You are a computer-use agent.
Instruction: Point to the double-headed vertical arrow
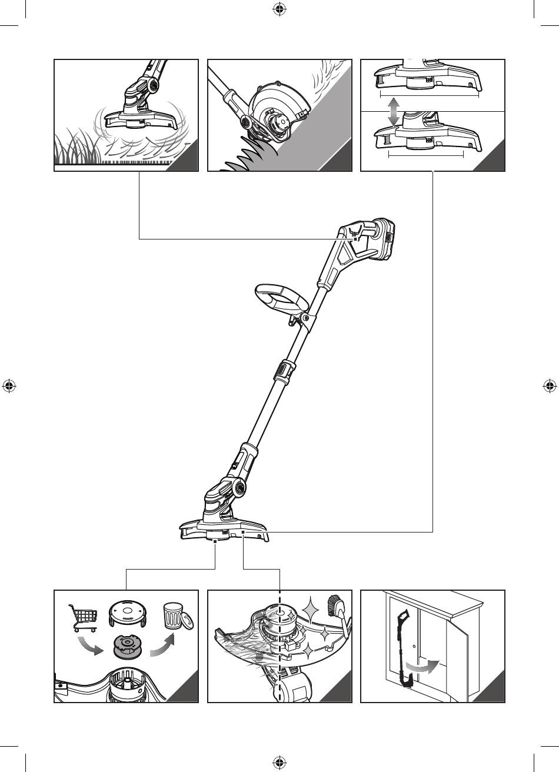point(394,112)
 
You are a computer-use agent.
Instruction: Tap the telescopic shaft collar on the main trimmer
point(282,371)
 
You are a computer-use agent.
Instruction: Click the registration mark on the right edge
point(550,386)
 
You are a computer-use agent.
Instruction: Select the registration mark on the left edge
point(9,386)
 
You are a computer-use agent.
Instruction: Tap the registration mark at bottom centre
point(279,763)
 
